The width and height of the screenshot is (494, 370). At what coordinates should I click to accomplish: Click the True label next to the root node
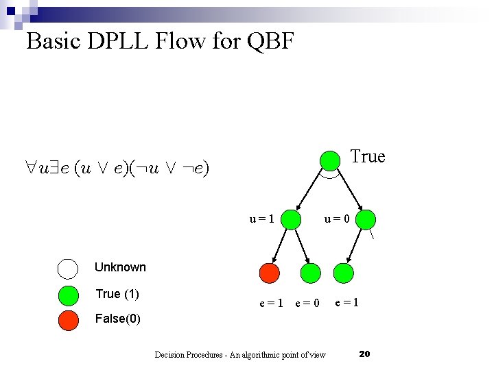(x=368, y=157)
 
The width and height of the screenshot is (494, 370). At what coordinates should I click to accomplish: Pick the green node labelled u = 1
(x=291, y=219)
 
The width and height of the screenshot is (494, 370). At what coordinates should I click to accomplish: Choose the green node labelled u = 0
(x=367, y=219)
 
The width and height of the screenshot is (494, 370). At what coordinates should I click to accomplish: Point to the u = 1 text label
(x=262, y=219)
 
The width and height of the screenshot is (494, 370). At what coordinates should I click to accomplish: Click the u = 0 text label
(x=338, y=219)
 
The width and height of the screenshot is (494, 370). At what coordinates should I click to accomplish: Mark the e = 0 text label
(x=307, y=303)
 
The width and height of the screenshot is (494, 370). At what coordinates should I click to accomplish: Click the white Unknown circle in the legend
(x=68, y=268)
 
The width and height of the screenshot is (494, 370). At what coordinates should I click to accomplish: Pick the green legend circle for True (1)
(x=68, y=295)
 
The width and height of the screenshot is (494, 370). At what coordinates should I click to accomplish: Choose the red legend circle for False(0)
(x=68, y=319)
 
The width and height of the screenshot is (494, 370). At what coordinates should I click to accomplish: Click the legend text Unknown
(x=120, y=267)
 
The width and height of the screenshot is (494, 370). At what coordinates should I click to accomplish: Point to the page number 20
(x=364, y=354)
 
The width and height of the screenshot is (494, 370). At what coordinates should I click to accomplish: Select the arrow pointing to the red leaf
(x=279, y=247)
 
